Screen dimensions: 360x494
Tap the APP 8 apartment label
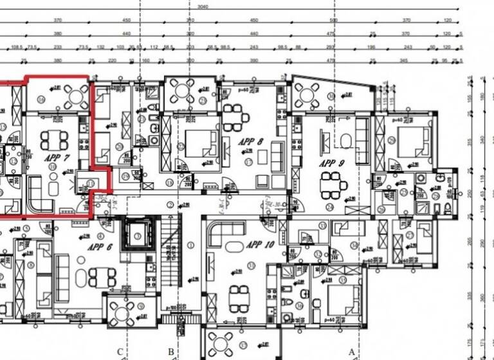coord(250,141)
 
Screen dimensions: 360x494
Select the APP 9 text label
coord(333,163)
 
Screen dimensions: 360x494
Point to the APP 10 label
coord(259,245)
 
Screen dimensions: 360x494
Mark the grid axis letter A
coord(351,350)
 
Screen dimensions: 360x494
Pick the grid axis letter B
coord(170,351)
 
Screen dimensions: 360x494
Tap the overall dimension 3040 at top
coord(203,6)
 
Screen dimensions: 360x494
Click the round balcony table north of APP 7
coord(77,96)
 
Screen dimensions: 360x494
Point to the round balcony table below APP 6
coord(124,313)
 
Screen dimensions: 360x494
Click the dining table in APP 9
coord(334,187)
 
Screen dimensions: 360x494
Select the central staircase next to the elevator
coord(169,251)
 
